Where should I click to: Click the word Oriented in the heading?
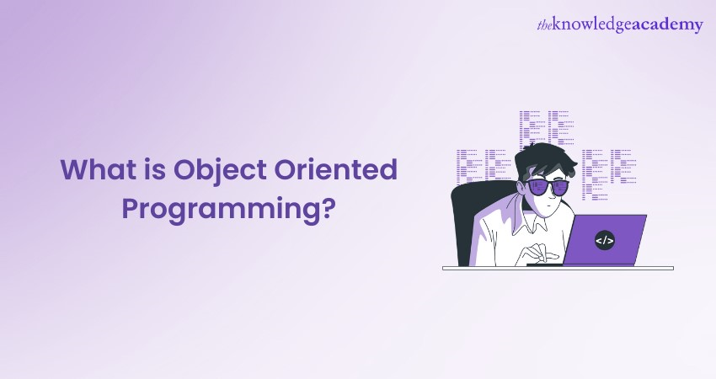(x=335, y=169)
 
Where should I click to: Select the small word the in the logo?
(x=545, y=24)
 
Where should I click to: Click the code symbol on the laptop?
(x=605, y=240)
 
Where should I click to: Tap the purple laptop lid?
(x=605, y=240)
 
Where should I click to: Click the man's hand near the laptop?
(x=540, y=253)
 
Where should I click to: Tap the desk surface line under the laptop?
(x=558, y=268)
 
